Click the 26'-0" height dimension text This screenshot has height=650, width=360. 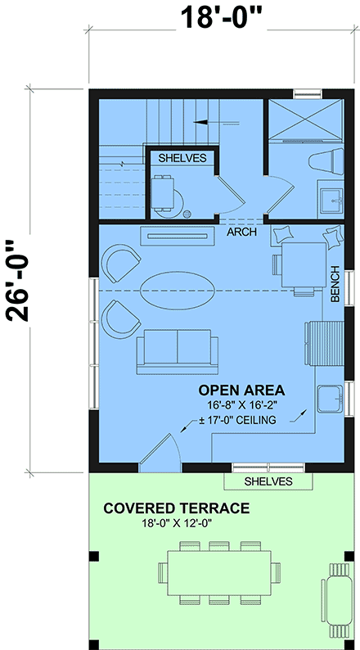point(25,282)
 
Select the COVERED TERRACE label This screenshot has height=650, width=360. point(176,508)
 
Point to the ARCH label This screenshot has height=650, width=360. point(242,232)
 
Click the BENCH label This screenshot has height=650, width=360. point(335,284)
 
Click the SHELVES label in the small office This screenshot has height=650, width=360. point(182,157)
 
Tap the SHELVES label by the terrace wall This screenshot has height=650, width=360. point(268,481)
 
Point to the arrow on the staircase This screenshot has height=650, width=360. point(205,121)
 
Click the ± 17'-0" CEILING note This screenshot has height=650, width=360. point(239,421)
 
